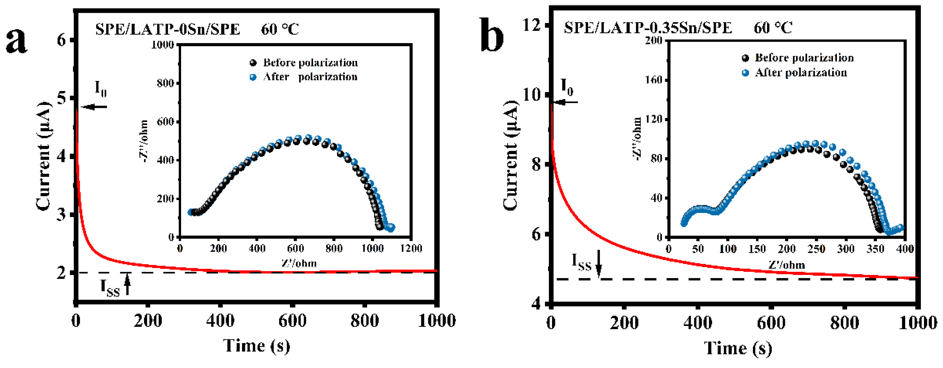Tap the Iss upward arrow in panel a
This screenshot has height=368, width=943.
(x=127, y=285)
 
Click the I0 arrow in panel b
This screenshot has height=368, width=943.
(x=566, y=102)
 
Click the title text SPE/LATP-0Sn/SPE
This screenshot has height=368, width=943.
(x=168, y=29)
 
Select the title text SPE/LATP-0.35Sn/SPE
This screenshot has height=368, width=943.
(x=648, y=28)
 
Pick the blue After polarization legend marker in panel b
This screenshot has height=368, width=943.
(x=745, y=73)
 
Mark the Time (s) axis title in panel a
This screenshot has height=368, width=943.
(x=256, y=346)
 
